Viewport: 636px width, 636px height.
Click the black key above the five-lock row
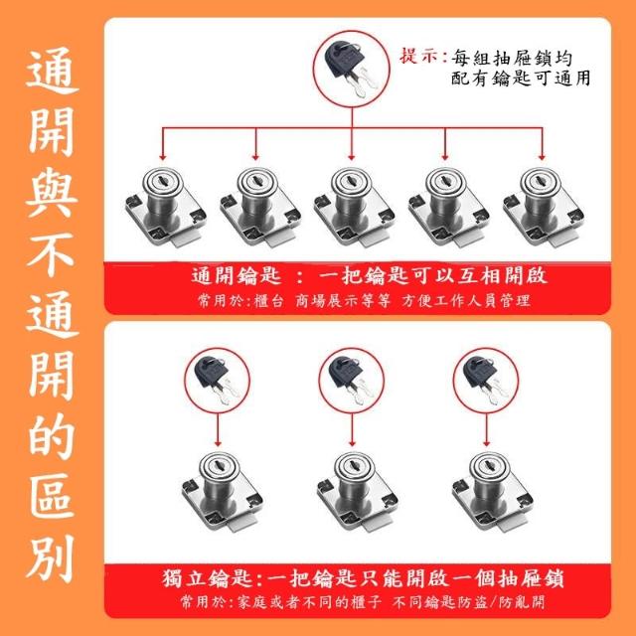[350, 69]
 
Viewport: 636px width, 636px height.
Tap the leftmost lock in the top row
[166, 208]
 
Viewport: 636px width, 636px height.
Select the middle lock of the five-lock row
[355, 208]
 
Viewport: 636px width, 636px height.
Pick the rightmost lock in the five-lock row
[544, 208]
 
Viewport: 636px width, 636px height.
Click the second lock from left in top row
[260, 208]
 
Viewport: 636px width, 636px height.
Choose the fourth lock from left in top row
[448, 208]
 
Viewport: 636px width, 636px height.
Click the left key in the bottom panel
[216, 380]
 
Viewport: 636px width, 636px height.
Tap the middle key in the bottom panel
[350, 380]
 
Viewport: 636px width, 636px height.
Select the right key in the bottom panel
[485, 380]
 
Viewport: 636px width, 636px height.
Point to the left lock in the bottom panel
[223, 493]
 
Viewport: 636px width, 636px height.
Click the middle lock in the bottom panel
[358, 493]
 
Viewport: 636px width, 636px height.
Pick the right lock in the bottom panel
[493, 493]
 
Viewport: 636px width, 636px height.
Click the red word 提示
[419, 57]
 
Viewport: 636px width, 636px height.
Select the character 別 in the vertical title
[51, 558]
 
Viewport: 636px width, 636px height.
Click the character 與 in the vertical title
[52, 192]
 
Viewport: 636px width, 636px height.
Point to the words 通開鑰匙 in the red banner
[237, 276]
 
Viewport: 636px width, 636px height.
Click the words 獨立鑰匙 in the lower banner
[209, 578]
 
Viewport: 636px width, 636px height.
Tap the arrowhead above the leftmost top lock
[163, 157]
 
